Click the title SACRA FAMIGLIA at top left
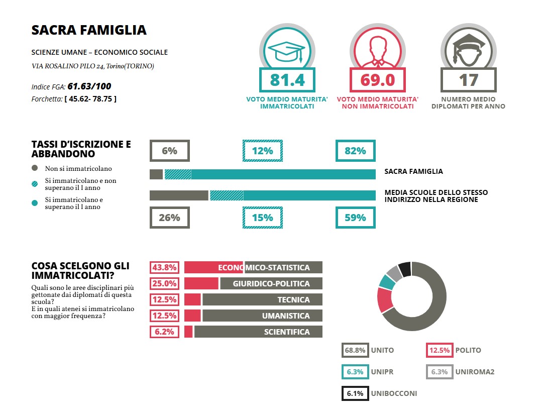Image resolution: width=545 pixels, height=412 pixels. tap(89, 30)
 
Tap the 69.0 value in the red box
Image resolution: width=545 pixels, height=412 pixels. tap(377, 80)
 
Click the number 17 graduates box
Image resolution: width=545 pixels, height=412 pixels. tap(468, 80)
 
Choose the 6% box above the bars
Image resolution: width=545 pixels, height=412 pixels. tap(170, 151)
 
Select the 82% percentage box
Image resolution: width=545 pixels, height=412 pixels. tap(355, 151)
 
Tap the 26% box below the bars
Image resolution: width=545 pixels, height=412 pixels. tap(170, 218)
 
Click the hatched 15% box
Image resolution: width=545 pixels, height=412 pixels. tap(262, 218)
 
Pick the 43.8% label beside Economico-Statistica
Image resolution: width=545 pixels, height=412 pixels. tap(164, 267)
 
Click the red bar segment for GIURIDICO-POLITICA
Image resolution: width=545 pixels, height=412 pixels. tap(201, 283)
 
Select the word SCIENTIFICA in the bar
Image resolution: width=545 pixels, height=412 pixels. tap(287, 332)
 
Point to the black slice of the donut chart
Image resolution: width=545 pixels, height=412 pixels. tap(405, 269)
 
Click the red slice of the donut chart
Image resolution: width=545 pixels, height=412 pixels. tap(385, 300)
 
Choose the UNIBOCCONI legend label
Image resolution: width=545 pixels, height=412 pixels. tap(395, 393)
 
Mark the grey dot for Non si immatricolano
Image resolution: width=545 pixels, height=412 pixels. tap(35, 168)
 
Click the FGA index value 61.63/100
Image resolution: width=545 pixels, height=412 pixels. tap(93, 86)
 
